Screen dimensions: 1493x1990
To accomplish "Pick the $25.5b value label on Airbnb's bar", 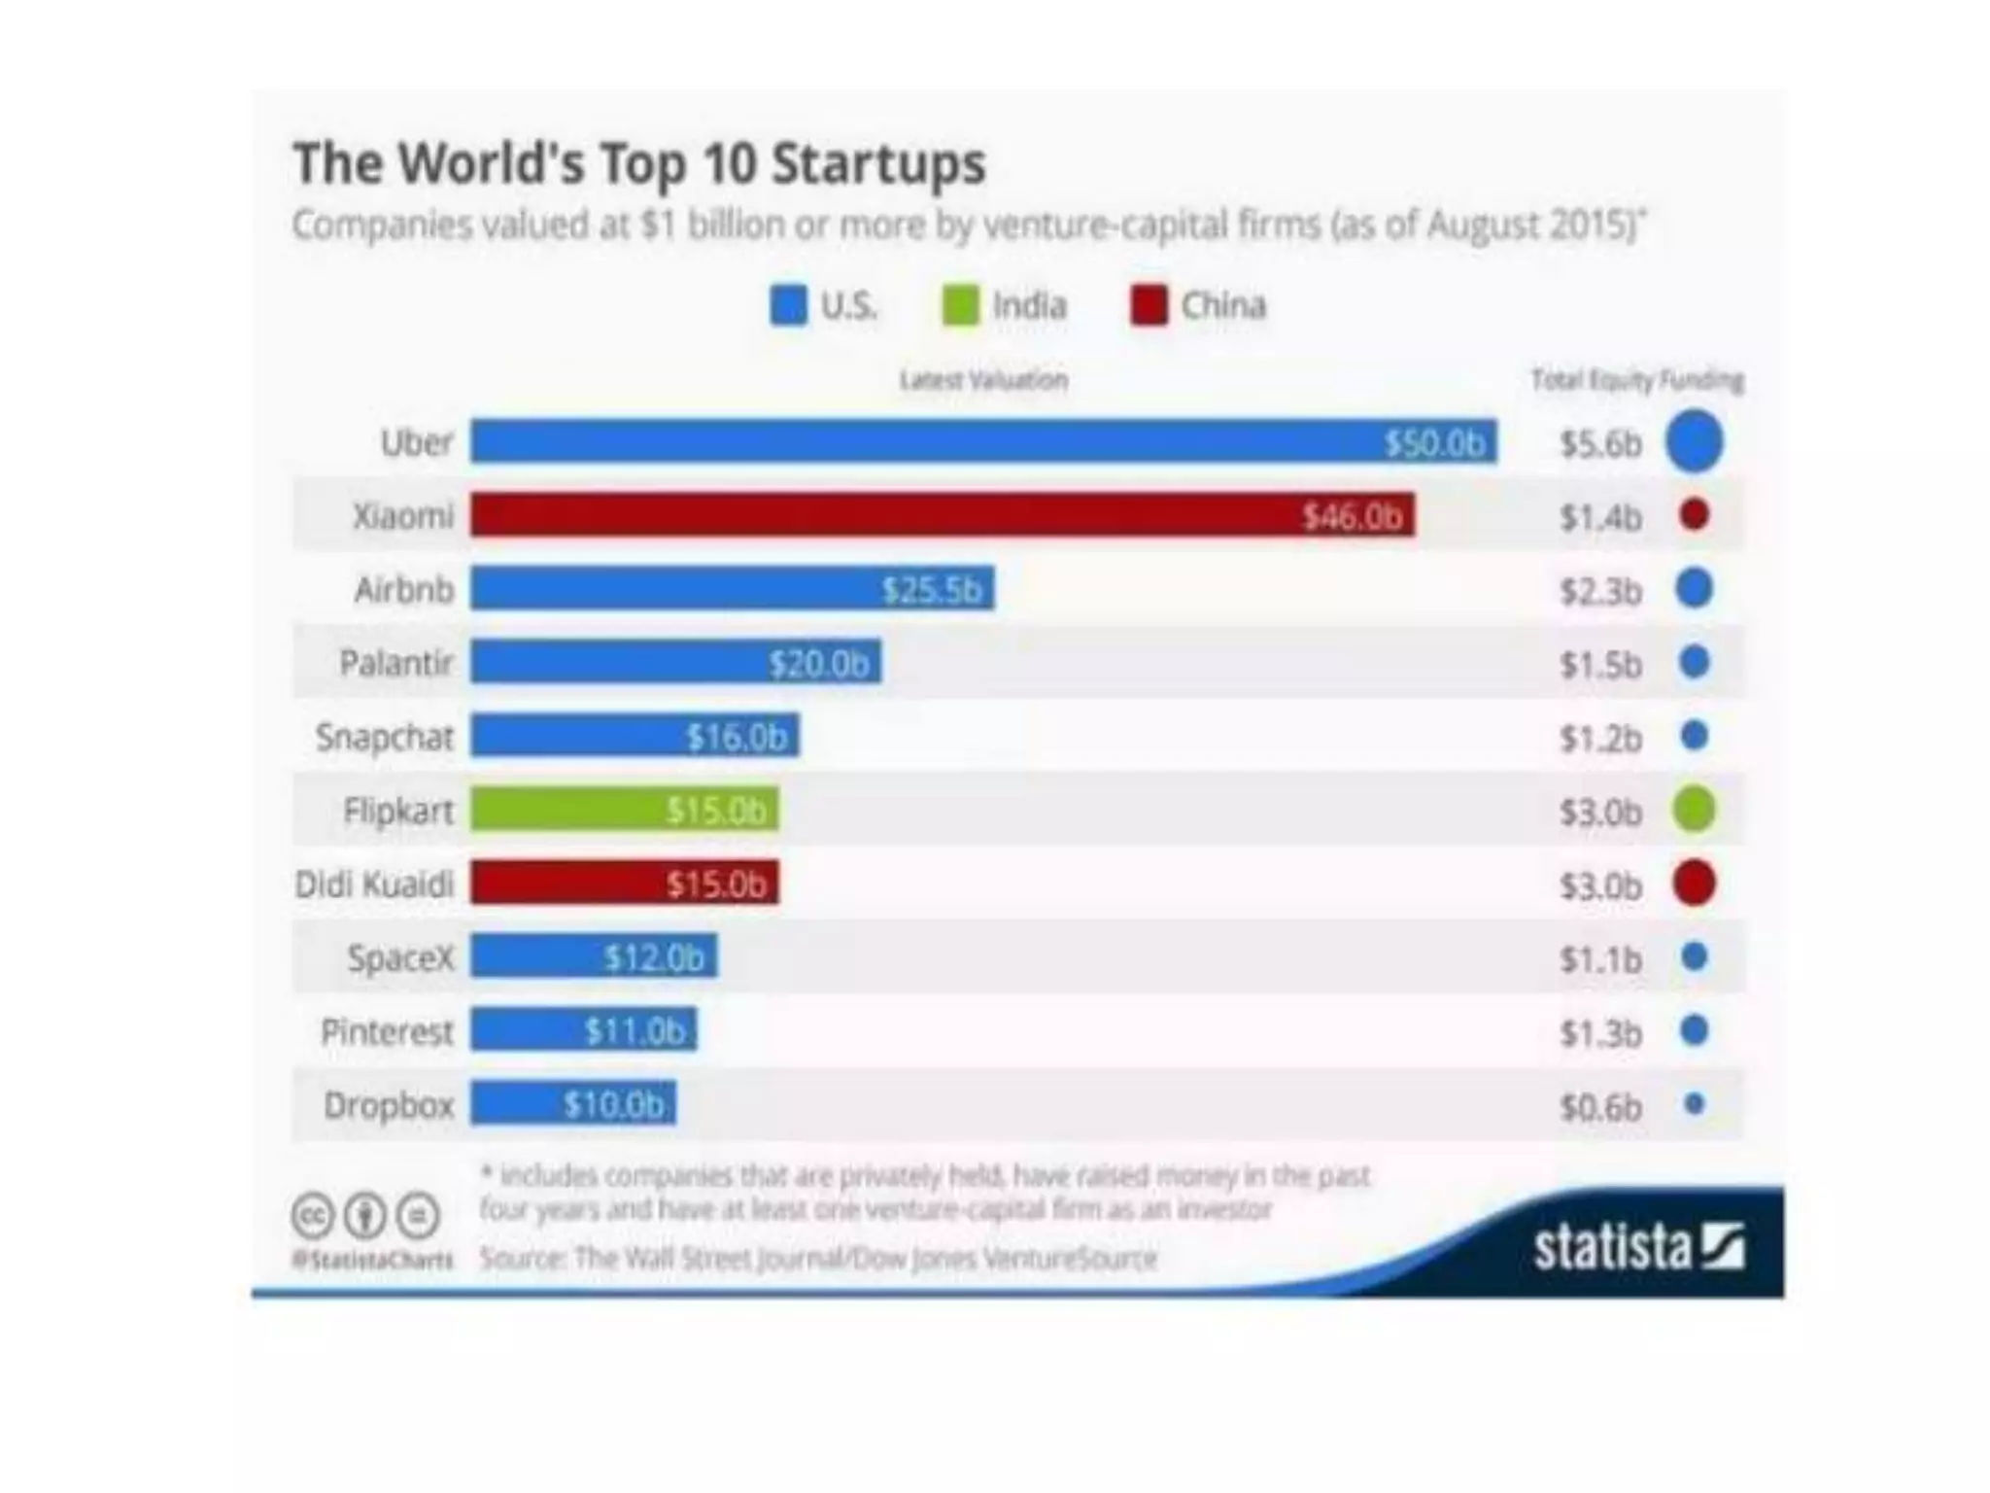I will (931, 590).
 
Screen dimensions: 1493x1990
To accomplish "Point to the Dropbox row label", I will (389, 1105).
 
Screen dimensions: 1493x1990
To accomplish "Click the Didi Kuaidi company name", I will (374, 885).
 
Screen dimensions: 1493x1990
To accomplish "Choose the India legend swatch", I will (960, 306).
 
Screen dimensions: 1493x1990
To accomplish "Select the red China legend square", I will (1149, 306).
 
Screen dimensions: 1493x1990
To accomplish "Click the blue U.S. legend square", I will (788, 306).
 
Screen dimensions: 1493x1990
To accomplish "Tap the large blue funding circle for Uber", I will (1694, 442).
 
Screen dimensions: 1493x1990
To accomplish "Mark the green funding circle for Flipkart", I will (1694, 810).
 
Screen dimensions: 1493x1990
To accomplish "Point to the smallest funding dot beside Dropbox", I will (1694, 1104).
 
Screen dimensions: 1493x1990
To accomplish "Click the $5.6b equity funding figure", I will (1600, 444).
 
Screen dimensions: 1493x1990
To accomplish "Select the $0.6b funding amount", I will (1600, 1107).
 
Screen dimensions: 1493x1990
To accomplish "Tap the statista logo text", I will (1613, 1248).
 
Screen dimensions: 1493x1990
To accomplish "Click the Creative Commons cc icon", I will (313, 1215).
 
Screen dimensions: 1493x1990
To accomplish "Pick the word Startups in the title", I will (878, 163).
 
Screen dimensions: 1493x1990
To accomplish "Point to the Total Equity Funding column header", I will (1637, 380).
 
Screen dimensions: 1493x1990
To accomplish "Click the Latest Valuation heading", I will (983, 380).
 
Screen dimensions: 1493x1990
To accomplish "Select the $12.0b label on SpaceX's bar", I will (654, 958).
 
